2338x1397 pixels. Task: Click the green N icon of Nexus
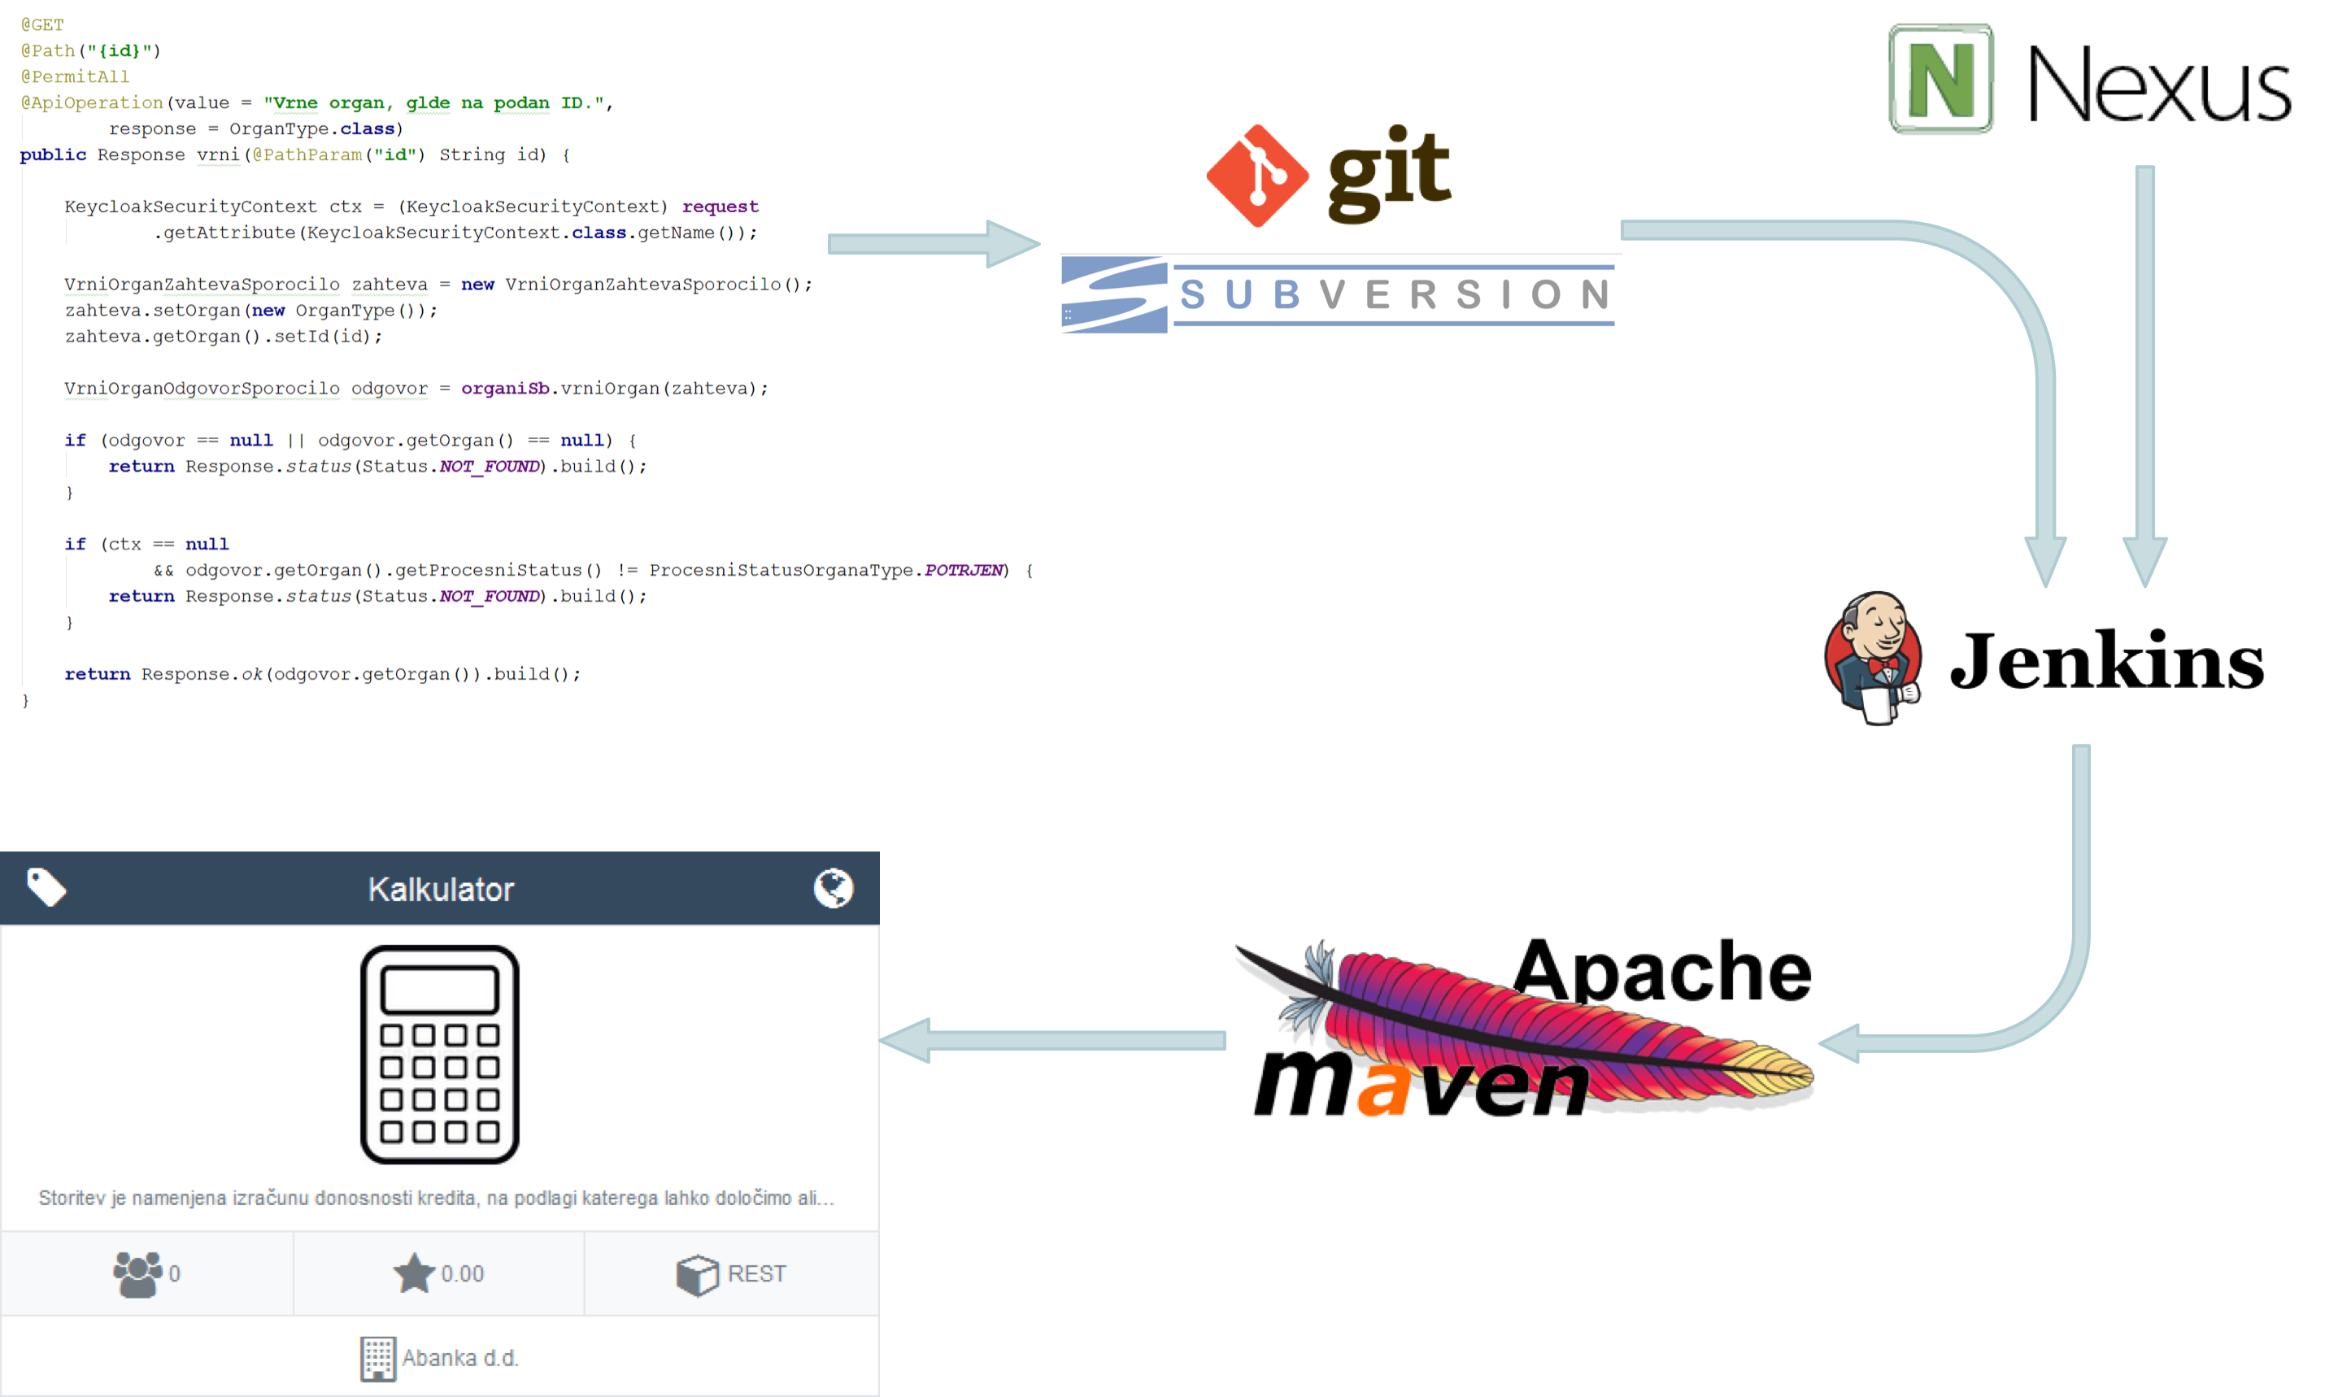(1941, 79)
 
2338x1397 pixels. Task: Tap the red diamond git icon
(1256, 176)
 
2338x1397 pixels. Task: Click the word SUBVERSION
(1394, 294)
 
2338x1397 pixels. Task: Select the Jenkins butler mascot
(1873, 657)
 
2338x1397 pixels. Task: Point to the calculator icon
(440, 1055)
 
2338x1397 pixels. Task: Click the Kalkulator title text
(441, 890)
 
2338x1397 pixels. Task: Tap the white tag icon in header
(46, 887)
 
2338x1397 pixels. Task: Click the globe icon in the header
(833, 888)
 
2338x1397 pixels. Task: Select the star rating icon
(413, 1273)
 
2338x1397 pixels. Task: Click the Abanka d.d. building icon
(377, 1359)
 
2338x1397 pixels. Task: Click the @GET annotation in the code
(42, 24)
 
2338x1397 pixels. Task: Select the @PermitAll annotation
(76, 76)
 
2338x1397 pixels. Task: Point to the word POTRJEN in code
(963, 569)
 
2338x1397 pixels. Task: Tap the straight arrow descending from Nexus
(2145, 376)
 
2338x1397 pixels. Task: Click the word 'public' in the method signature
(53, 154)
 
